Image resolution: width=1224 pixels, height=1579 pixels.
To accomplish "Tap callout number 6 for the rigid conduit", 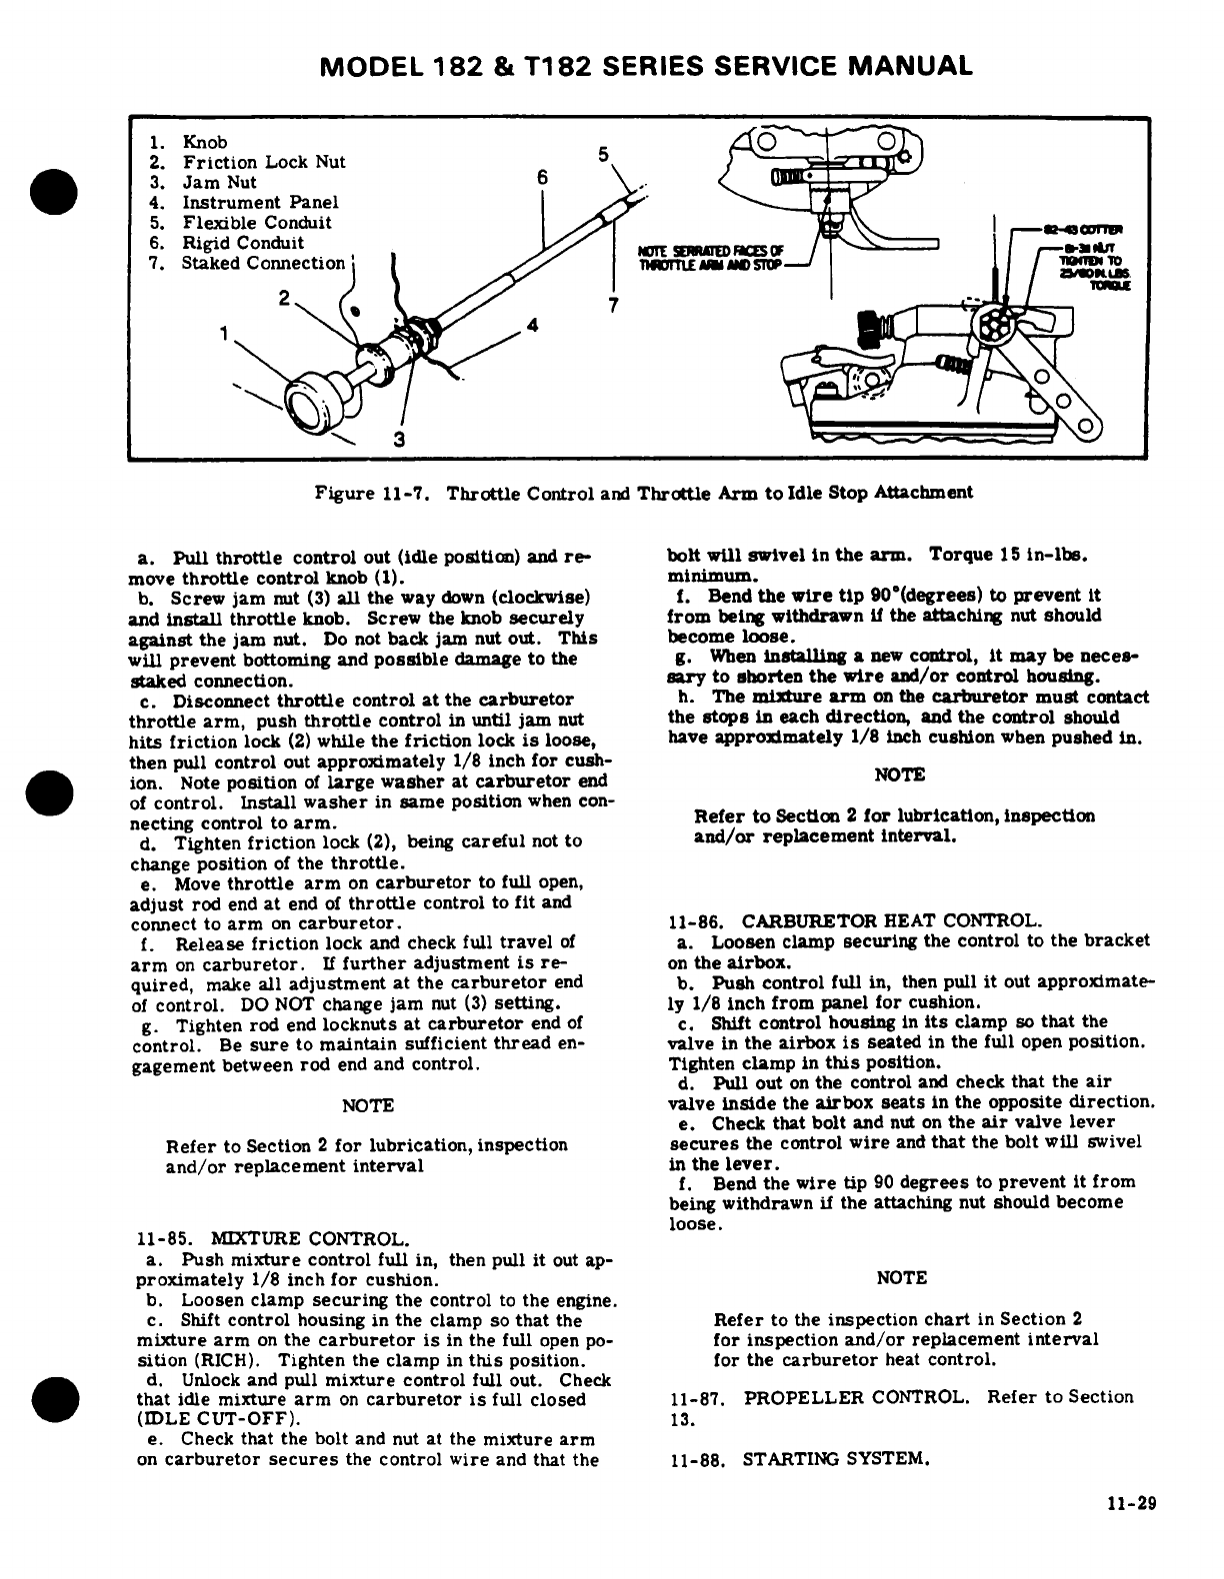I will [541, 176].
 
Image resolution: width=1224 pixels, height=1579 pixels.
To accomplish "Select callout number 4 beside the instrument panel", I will [533, 325].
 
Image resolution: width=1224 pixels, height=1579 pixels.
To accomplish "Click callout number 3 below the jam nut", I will [398, 439].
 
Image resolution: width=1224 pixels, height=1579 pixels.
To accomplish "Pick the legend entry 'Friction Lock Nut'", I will [263, 162].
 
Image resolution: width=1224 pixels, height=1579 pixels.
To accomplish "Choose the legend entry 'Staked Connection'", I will [262, 263].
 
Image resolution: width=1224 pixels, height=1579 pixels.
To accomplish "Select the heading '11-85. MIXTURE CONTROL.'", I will [271, 1240].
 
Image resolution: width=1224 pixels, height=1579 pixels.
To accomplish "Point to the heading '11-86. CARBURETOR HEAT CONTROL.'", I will [855, 920].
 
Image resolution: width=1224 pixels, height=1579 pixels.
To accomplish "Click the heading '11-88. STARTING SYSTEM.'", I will [799, 1459].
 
